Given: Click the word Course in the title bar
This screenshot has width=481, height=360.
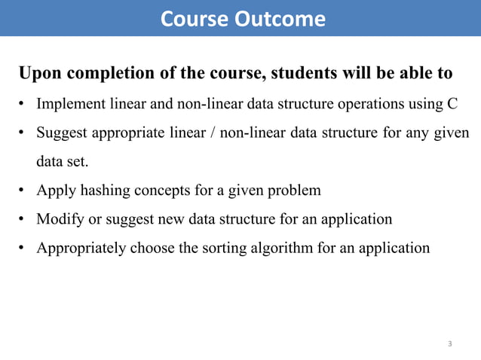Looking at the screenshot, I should coord(194,19).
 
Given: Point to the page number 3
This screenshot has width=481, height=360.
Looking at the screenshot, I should coord(450,344).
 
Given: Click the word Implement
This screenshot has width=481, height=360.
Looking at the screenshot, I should coord(69,104).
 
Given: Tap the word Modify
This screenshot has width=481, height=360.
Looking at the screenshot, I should coord(59,219).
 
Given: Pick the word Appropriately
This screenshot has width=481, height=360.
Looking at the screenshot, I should coord(80,248).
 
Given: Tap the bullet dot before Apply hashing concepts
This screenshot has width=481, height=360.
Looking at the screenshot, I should coord(23,191).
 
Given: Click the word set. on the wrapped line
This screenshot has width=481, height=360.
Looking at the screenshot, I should coord(79,161).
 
